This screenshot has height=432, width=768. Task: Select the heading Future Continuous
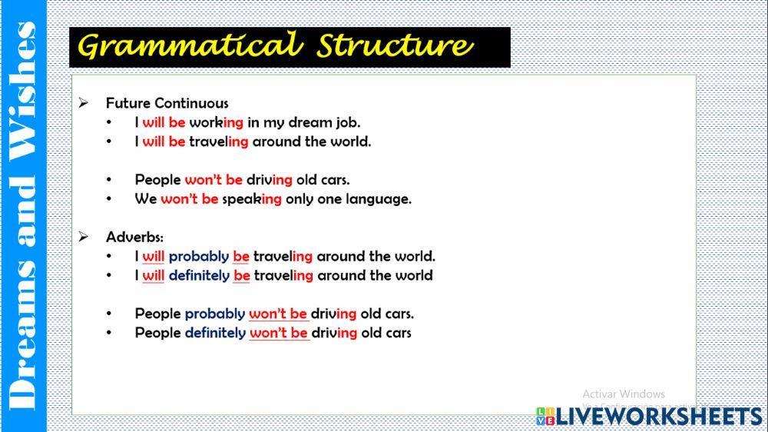[x=167, y=103]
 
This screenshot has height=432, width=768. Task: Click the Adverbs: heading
[x=134, y=238]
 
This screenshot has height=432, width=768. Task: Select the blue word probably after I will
[x=199, y=257]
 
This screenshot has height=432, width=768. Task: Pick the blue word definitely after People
[x=215, y=333]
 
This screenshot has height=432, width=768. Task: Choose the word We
[x=146, y=199]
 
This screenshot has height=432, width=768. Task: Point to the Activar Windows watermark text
[x=624, y=394]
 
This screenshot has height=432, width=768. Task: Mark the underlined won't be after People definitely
[x=279, y=333]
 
